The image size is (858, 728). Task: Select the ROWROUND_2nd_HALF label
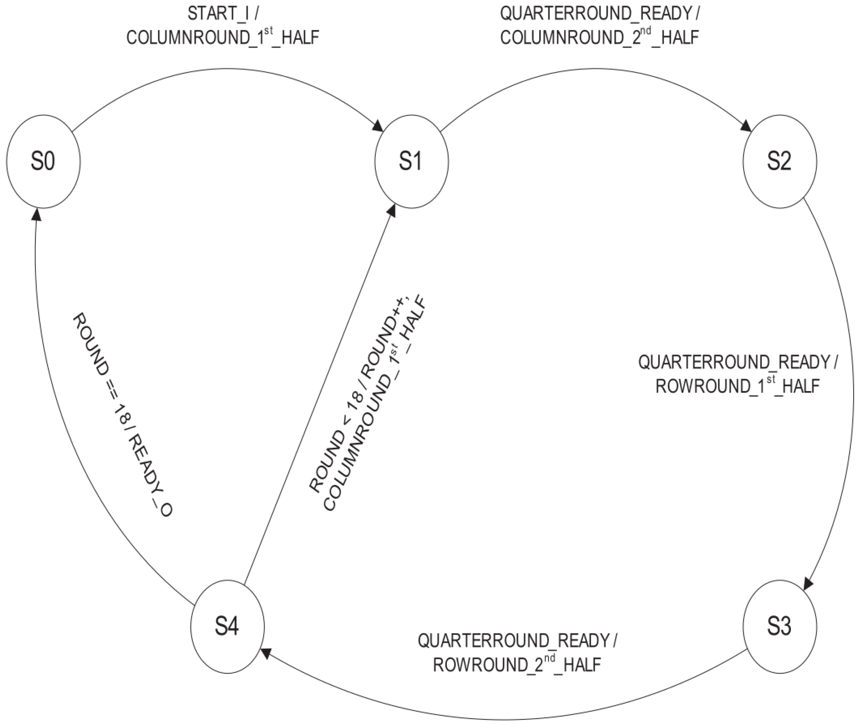tap(517, 665)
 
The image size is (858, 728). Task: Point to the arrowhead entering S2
tap(746, 126)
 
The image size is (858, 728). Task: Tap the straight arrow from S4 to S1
tap(318, 396)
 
